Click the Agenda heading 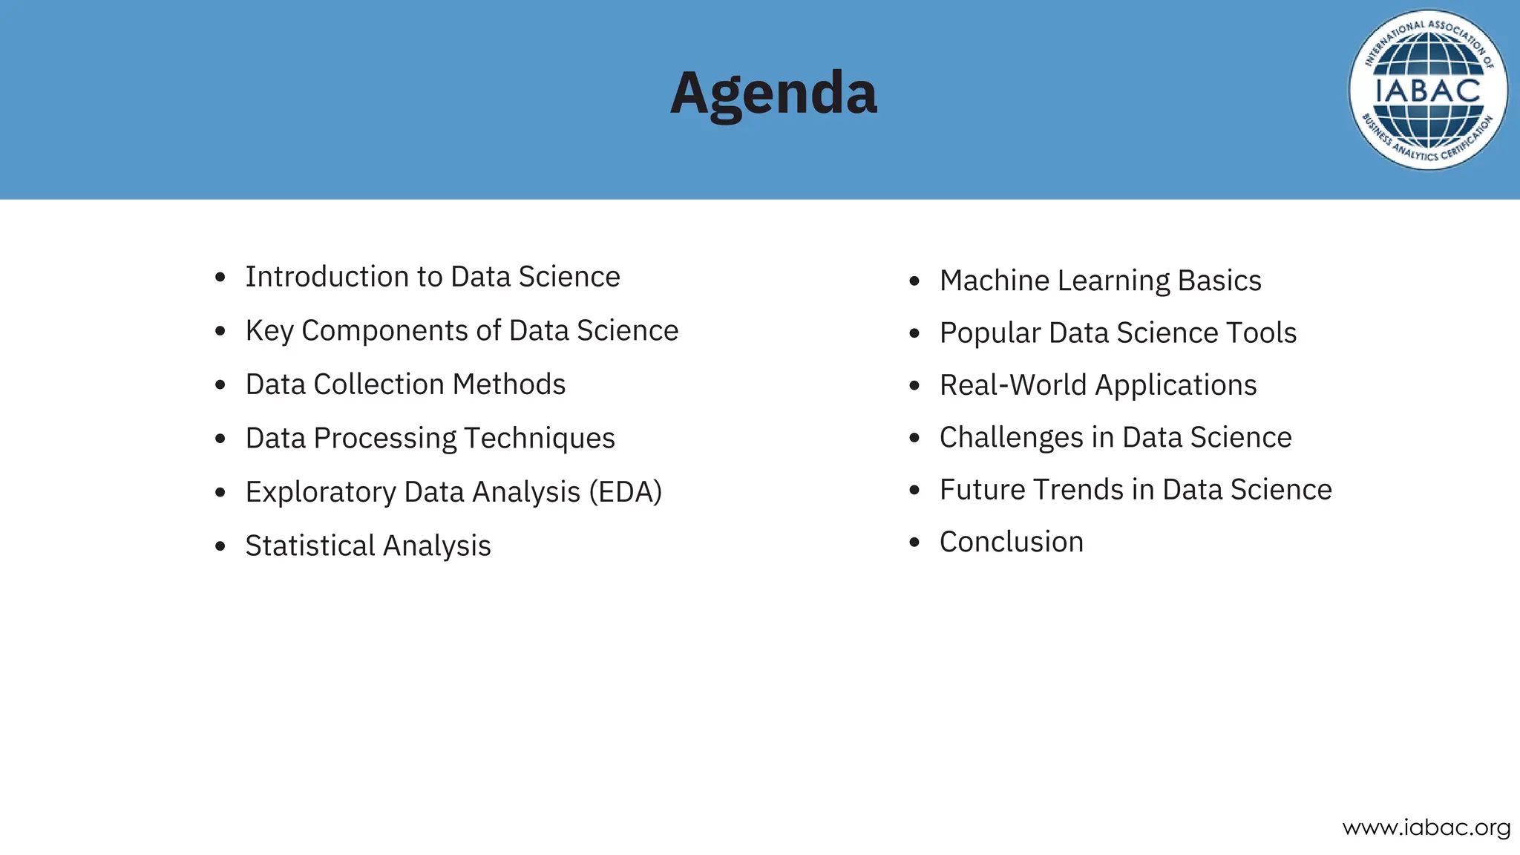pos(773,94)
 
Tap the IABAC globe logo pos(1427,91)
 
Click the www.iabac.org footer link pos(1426,828)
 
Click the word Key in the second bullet pos(269,331)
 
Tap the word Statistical pos(310,546)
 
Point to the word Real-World pos(1013,386)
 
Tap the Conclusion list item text pos(1012,543)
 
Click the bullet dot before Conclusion pos(914,543)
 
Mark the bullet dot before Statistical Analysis pos(220,547)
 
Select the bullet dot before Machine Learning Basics pos(914,281)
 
